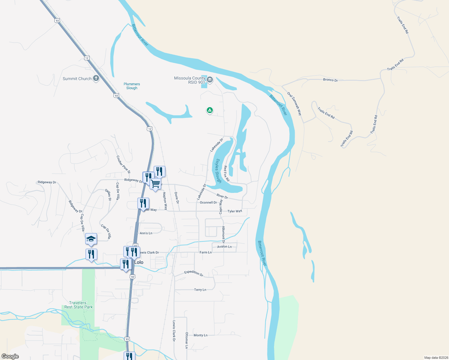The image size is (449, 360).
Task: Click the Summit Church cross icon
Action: [x=96, y=79]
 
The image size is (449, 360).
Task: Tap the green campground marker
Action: [x=210, y=110]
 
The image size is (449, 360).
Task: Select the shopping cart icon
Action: [x=155, y=184]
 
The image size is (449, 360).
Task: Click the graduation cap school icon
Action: [x=91, y=239]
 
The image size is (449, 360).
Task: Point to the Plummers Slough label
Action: [x=132, y=86]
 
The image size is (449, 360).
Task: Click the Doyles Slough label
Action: [x=218, y=171]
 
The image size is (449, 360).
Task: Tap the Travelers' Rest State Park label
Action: [x=78, y=305]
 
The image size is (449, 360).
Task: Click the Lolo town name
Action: [x=139, y=262]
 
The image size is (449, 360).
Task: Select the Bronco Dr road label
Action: [x=330, y=80]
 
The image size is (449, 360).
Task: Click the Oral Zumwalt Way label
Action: [x=294, y=104]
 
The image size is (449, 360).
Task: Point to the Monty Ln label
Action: [x=200, y=335]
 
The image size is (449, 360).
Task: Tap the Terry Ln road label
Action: [x=200, y=289]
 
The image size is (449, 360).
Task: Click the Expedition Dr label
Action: [x=194, y=273]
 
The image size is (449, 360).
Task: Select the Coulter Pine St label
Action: [x=123, y=164]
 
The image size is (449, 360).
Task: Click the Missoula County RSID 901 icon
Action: [x=210, y=80]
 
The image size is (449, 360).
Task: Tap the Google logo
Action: [x=10, y=356]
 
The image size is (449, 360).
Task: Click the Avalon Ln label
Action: [x=224, y=247]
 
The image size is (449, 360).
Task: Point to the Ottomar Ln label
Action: [x=187, y=340]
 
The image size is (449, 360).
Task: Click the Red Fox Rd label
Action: [x=227, y=173]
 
